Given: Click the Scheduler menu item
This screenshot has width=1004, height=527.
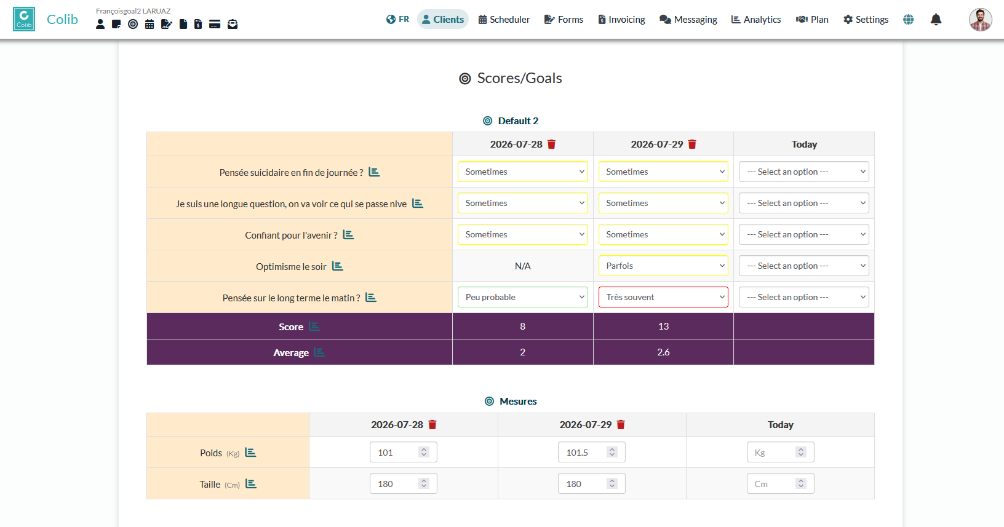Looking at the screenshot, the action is tap(504, 19).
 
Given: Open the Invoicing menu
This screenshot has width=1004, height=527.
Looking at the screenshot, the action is tap(621, 19).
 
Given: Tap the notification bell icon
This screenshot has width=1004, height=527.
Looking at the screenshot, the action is tap(936, 19).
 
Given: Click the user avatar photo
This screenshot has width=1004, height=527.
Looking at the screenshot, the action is tap(980, 19).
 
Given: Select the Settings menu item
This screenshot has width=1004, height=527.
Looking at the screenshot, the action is tap(866, 19).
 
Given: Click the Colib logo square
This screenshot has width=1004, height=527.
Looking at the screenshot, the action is tap(24, 19).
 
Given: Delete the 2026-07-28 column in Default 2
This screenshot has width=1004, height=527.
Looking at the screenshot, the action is tap(551, 145).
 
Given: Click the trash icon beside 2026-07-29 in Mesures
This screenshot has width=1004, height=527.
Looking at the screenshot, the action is tap(621, 425).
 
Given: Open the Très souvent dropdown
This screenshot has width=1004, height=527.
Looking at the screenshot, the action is tap(663, 297).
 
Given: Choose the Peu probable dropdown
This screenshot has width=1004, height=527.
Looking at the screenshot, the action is tap(523, 297).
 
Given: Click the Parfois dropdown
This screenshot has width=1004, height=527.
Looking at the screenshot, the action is tap(663, 266).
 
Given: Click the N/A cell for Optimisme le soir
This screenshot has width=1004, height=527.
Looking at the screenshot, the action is tap(523, 266).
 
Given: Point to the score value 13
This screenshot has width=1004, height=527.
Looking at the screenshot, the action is tap(663, 327).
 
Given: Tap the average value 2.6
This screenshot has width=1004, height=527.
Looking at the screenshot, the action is tap(663, 352).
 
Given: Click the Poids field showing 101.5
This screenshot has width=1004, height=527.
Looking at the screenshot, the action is tap(592, 452).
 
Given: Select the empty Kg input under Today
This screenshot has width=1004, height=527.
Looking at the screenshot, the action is tap(780, 452).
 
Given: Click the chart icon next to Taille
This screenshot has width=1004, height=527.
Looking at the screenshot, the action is tap(251, 484).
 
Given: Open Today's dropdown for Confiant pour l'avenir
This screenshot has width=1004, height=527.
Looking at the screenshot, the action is tap(804, 234).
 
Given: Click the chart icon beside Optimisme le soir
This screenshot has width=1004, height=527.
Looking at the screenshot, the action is tap(338, 266).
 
